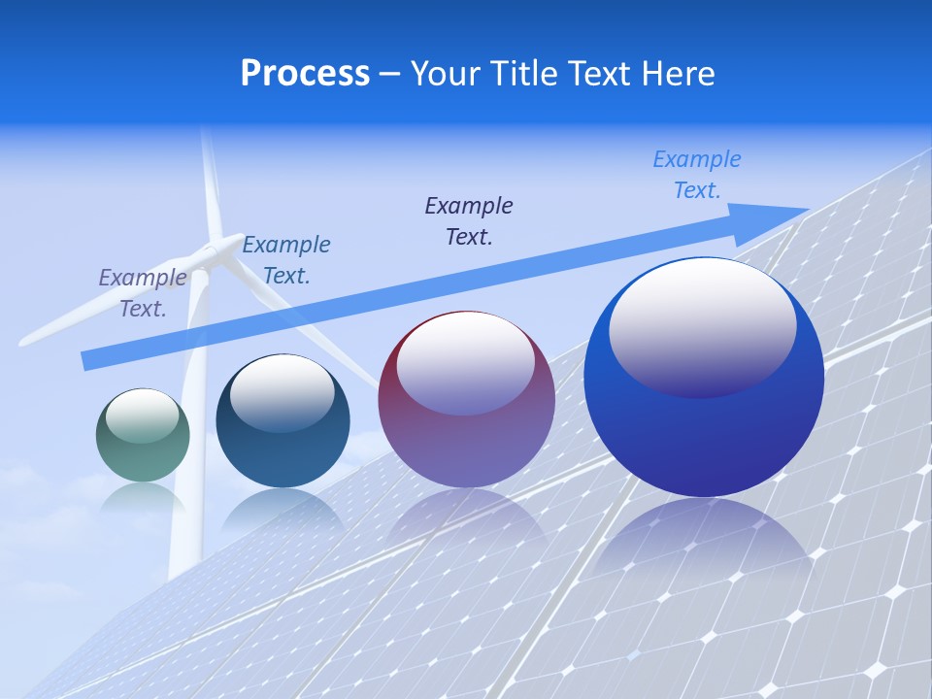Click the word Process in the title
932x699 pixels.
(x=305, y=74)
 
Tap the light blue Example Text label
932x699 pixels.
(x=696, y=175)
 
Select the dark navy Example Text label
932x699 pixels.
(x=469, y=220)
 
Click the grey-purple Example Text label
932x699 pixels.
(x=143, y=293)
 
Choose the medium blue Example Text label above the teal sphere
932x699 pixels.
(x=286, y=259)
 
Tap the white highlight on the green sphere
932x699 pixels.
(x=142, y=416)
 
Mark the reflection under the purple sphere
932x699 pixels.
(x=466, y=515)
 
